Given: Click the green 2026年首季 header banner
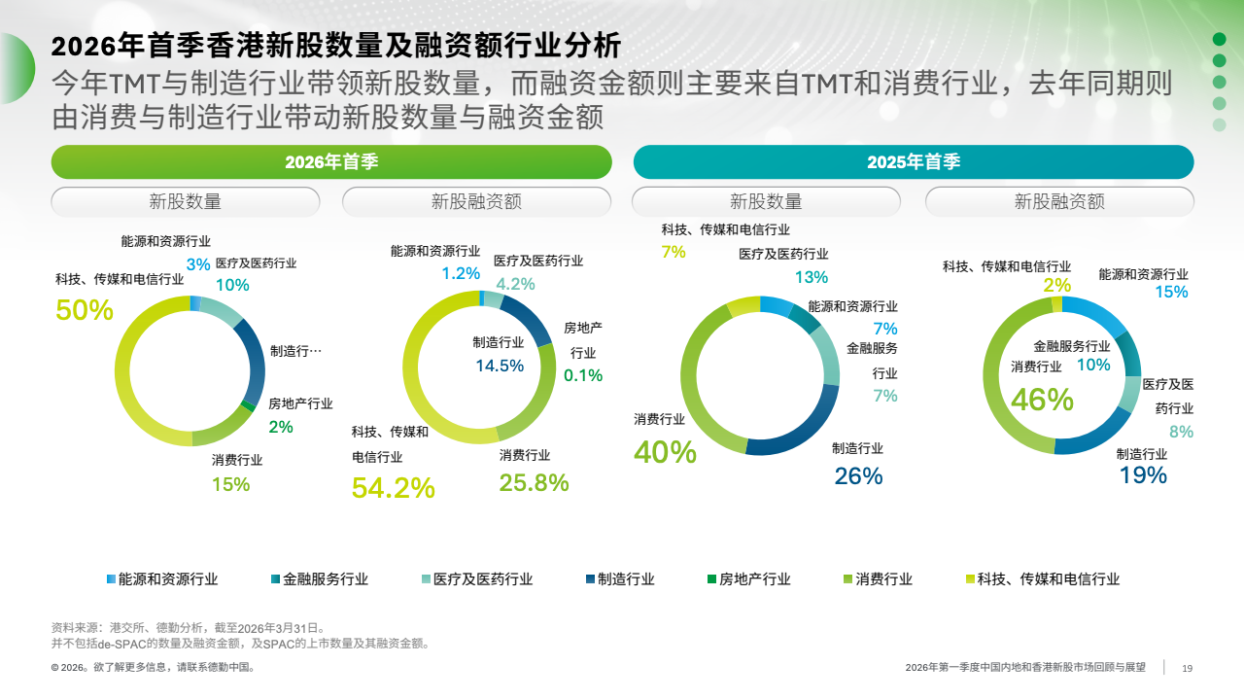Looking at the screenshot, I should tap(331, 162).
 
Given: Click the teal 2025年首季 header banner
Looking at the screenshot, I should tap(913, 162).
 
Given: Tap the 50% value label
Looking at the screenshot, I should tap(85, 310).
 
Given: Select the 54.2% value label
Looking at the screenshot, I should tap(393, 487).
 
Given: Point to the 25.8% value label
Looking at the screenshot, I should tap(534, 482).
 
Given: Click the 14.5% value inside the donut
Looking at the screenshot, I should tap(500, 366).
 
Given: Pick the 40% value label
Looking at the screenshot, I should tap(665, 452).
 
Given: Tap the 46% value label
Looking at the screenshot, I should tap(1042, 400).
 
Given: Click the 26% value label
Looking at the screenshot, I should tap(858, 475).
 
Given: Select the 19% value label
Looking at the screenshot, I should tap(1143, 474).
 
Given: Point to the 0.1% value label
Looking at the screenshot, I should tap(583, 375).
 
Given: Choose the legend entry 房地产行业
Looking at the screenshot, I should tap(754, 579).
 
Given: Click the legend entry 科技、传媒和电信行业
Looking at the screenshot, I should tap(1048, 579).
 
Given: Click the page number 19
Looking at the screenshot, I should tap(1187, 668).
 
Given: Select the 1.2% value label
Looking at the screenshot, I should tap(461, 274).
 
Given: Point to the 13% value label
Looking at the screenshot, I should tap(811, 277).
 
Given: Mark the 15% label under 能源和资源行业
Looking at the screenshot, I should tap(1171, 292).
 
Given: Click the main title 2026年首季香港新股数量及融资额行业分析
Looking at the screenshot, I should tap(335, 46).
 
